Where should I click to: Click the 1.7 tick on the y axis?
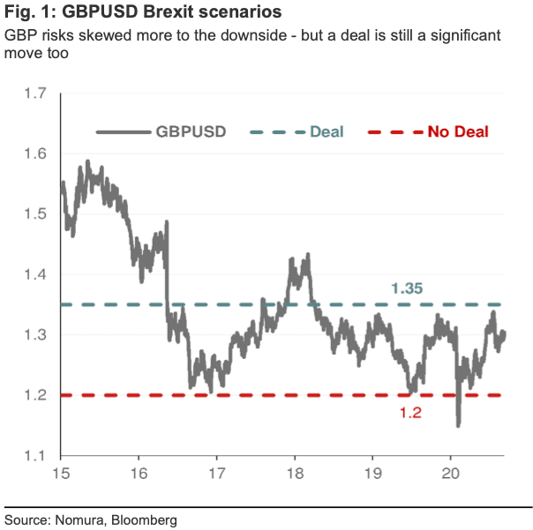35,94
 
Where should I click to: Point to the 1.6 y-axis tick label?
35,154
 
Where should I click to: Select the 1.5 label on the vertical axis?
35,214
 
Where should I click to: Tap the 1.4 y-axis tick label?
35,275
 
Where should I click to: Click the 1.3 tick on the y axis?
35,335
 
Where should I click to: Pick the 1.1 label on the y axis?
35,456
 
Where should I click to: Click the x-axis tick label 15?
61,474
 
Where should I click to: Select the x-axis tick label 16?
139,474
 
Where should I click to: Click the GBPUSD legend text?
191,132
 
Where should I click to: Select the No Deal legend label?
458,132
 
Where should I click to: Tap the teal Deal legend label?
327,132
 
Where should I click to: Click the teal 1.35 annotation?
407,288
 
